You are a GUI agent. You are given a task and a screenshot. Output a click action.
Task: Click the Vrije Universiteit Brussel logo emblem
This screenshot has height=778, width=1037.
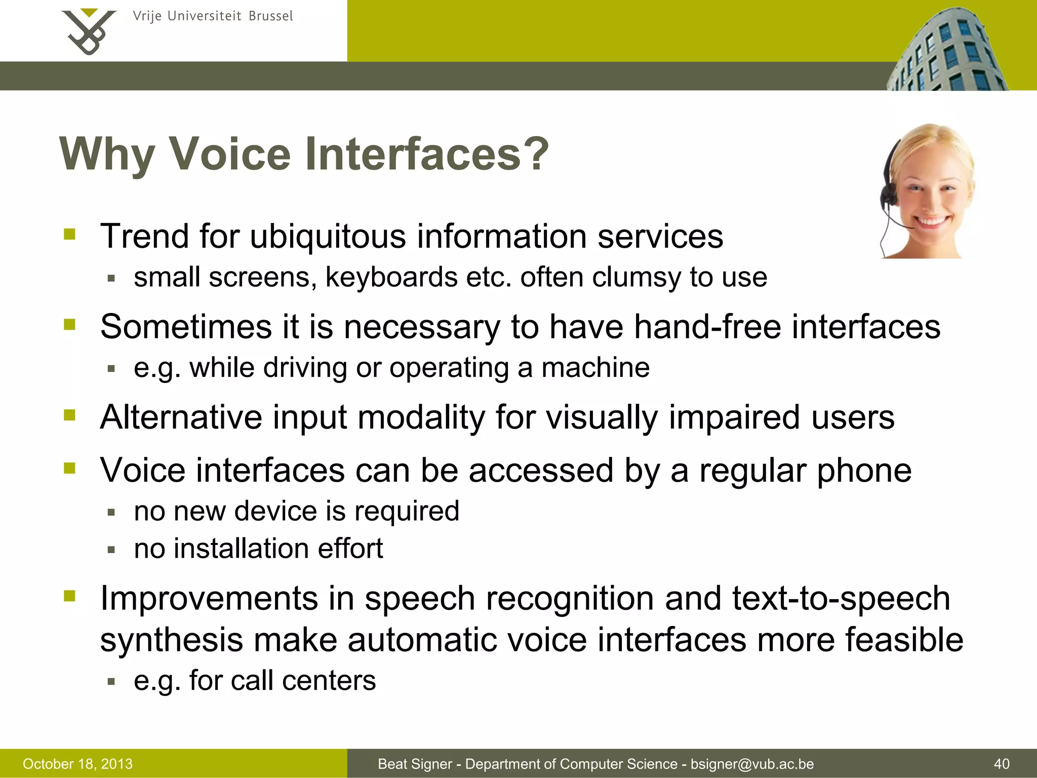pyautogui.click(x=89, y=31)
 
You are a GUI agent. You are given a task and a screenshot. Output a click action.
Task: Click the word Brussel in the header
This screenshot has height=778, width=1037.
pyautogui.click(x=271, y=16)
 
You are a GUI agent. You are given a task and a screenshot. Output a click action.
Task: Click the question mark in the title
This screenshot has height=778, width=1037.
pyautogui.click(x=536, y=154)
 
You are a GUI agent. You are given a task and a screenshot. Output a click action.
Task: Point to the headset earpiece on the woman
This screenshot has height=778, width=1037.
pyautogui.click(x=888, y=195)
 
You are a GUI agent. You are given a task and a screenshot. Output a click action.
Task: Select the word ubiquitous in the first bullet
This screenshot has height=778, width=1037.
pyautogui.click(x=328, y=237)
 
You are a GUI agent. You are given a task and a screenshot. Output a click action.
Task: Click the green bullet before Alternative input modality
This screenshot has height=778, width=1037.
pyautogui.click(x=70, y=415)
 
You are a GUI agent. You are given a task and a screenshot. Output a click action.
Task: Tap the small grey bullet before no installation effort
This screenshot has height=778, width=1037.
pyautogui.click(x=112, y=550)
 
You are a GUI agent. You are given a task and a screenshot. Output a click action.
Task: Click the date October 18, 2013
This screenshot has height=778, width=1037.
pyautogui.click(x=78, y=764)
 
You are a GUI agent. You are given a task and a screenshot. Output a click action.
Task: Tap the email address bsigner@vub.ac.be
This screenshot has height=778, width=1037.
pyautogui.click(x=752, y=764)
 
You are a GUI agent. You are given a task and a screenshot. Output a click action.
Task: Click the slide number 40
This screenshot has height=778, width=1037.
pyautogui.click(x=1002, y=764)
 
